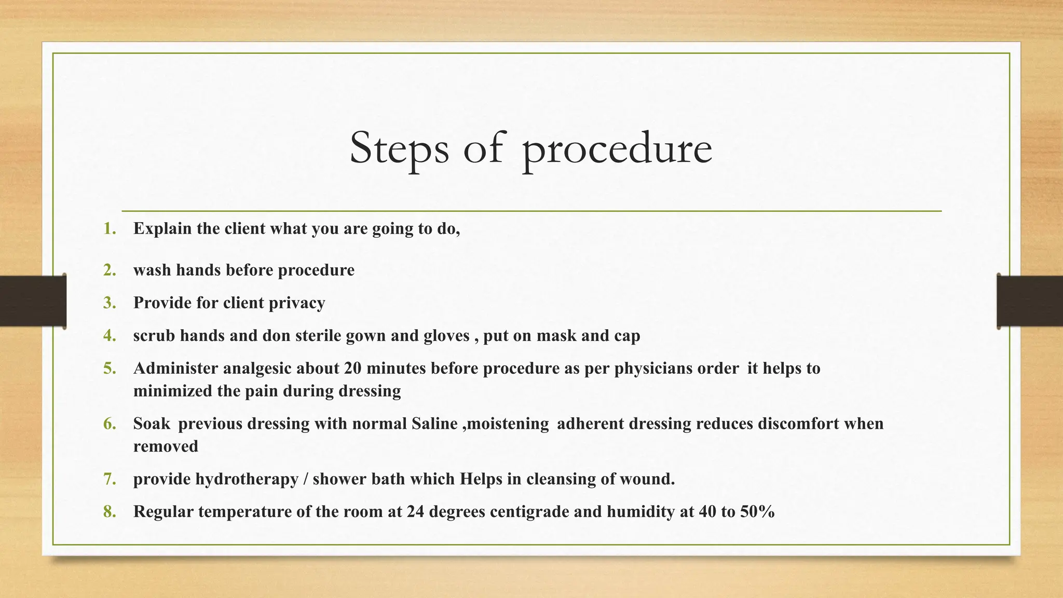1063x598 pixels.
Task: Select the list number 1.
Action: [x=109, y=228]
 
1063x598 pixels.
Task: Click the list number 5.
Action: [x=110, y=369]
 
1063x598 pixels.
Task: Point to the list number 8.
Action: [x=110, y=512]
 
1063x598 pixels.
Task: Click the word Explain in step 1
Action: [x=162, y=229]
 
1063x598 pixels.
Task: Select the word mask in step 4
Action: [x=556, y=336]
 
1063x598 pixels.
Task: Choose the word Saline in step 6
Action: [x=434, y=424]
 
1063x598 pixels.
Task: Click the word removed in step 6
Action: [x=166, y=446]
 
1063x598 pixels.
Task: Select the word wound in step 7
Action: [x=650, y=479]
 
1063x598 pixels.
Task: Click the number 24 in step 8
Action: [x=415, y=512]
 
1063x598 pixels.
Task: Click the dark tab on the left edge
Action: [x=33, y=301]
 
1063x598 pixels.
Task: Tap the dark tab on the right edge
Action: [x=1030, y=301]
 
